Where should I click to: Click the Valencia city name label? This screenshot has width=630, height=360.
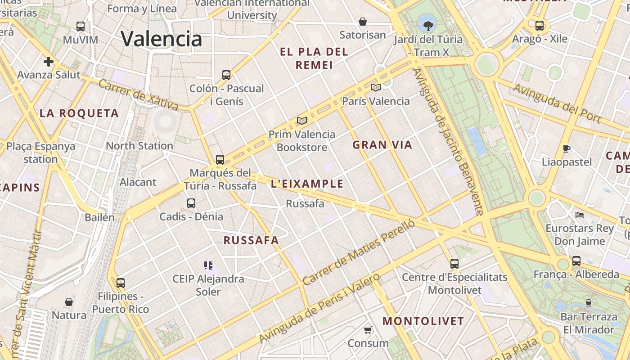pyautogui.click(x=162, y=39)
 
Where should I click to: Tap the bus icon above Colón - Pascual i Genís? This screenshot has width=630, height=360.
pyautogui.click(x=226, y=75)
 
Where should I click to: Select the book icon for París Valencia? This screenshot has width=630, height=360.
pyautogui.click(x=375, y=87)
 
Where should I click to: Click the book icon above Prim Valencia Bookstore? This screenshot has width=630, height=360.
pyautogui.click(x=302, y=121)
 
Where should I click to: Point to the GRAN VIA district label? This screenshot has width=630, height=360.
pyautogui.click(x=382, y=145)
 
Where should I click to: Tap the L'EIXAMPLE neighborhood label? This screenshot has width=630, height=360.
pyautogui.click(x=307, y=184)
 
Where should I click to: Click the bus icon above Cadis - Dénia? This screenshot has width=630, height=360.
pyautogui.click(x=191, y=203)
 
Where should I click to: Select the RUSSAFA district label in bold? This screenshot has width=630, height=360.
pyautogui.click(x=251, y=240)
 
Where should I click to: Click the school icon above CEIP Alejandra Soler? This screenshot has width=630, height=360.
pyautogui.click(x=208, y=265)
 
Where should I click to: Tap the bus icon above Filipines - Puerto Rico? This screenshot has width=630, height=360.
pyautogui.click(x=120, y=283)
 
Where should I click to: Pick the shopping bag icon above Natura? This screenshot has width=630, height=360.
pyautogui.click(x=69, y=301)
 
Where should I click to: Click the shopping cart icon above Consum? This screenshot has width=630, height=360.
pyautogui.click(x=368, y=330)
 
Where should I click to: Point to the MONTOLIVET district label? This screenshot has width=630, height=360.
pyautogui.click(x=423, y=321)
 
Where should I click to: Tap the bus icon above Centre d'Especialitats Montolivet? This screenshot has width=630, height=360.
pyautogui.click(x=454, y=264)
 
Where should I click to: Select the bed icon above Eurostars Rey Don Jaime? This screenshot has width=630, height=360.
pyautogui.click(x=580, y=215)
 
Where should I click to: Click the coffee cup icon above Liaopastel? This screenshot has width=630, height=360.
pyautogui.click(x=567, y=148)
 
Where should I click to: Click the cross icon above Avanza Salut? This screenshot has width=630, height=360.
pyautogui.click(x=49, y=61)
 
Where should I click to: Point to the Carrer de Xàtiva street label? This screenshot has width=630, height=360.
pyautogui.click(x=138, y=95)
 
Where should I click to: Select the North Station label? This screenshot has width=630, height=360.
pyautogui.click(x=139, y=146)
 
